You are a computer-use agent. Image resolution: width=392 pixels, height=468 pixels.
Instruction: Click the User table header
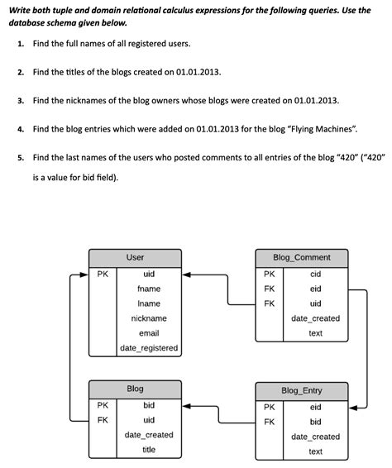tap(135, 258)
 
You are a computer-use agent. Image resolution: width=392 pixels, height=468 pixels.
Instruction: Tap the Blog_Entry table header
tap(301, 390)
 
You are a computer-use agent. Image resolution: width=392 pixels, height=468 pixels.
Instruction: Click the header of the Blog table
tap(135, 389)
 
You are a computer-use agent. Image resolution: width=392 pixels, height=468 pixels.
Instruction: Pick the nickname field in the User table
tap(149, 318)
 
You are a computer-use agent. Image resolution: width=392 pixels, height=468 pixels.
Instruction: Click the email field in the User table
tap(149, 333)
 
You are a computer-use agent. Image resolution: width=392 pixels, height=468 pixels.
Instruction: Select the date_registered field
tap(149, 348)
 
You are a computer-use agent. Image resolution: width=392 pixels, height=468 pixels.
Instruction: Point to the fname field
tap(149, 289)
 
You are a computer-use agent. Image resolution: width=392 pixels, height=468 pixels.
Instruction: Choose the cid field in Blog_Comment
tap(315, 274)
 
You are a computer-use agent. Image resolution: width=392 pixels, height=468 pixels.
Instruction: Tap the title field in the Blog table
tap(149, 450)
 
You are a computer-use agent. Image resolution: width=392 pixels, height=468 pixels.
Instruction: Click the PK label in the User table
tap(103, 274)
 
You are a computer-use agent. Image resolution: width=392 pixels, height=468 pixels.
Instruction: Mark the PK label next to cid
tap(270, 274)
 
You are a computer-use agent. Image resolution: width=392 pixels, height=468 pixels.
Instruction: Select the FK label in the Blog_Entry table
tap(270, 422)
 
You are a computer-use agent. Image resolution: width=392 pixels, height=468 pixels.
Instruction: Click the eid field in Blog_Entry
tap(315, 407)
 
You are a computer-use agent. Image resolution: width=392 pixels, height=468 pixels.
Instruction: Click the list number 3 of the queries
tap(20, 101)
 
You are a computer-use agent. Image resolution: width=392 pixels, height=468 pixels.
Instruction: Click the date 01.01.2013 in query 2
tap(198, 72)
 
